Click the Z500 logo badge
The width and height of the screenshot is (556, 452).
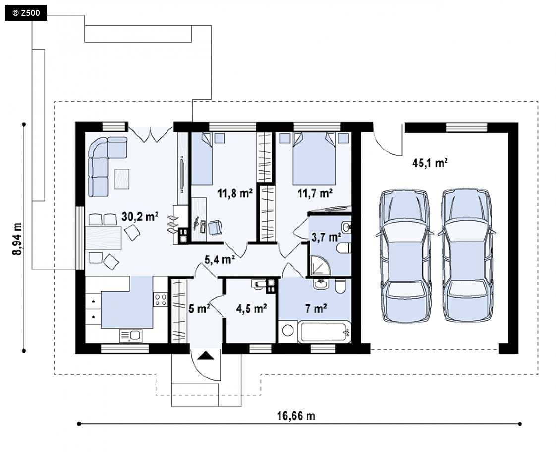(x=26, y=13)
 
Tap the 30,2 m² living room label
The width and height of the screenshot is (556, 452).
(x=140, y=216)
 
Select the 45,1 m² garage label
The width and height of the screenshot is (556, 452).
(x=430, y=163)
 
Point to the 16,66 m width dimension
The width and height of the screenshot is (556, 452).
(x=296, y=415)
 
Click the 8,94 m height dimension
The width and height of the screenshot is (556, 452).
(x=17, y=238)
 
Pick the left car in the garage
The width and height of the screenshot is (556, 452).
(x=405, y=256)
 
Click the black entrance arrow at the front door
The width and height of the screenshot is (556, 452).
(x=206, y=355)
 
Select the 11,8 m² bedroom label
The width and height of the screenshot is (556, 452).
(x=235, y=194)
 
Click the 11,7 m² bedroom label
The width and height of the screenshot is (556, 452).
(x=315, y=194)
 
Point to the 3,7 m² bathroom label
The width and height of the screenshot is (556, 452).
(x=326, y=237)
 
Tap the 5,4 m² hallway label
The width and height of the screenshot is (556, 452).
(x=220, y=260)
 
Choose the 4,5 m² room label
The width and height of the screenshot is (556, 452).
(x=251, y=309)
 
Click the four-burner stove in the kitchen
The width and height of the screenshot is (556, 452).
(x=160, y=299)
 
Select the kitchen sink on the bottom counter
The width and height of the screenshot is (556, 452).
(x=130, y=336)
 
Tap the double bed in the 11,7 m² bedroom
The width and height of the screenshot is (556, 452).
(x=314, y=159)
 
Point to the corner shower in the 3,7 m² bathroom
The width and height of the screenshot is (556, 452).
(x=320, y=265)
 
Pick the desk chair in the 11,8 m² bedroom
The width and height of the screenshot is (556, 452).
(x=215, y=227)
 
